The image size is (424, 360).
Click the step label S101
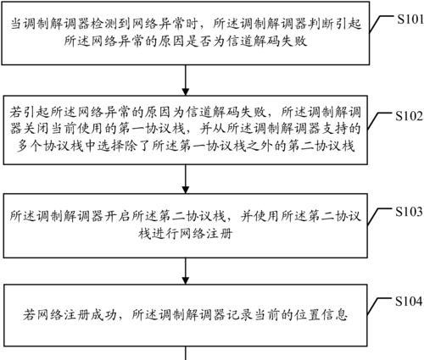click(410, 19)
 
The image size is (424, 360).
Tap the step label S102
click(409, 116)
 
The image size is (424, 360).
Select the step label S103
click(409, 212)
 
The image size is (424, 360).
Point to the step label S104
click(409, 302)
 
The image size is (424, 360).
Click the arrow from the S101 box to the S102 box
click(186, 80)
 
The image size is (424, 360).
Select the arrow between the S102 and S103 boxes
click(186, 179)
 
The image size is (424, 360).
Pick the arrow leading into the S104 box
click(186, 271)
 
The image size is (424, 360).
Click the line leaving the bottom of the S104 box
click(186, 353)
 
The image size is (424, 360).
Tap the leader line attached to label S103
click(381, 217)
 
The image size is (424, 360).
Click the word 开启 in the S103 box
click(118, 216)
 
